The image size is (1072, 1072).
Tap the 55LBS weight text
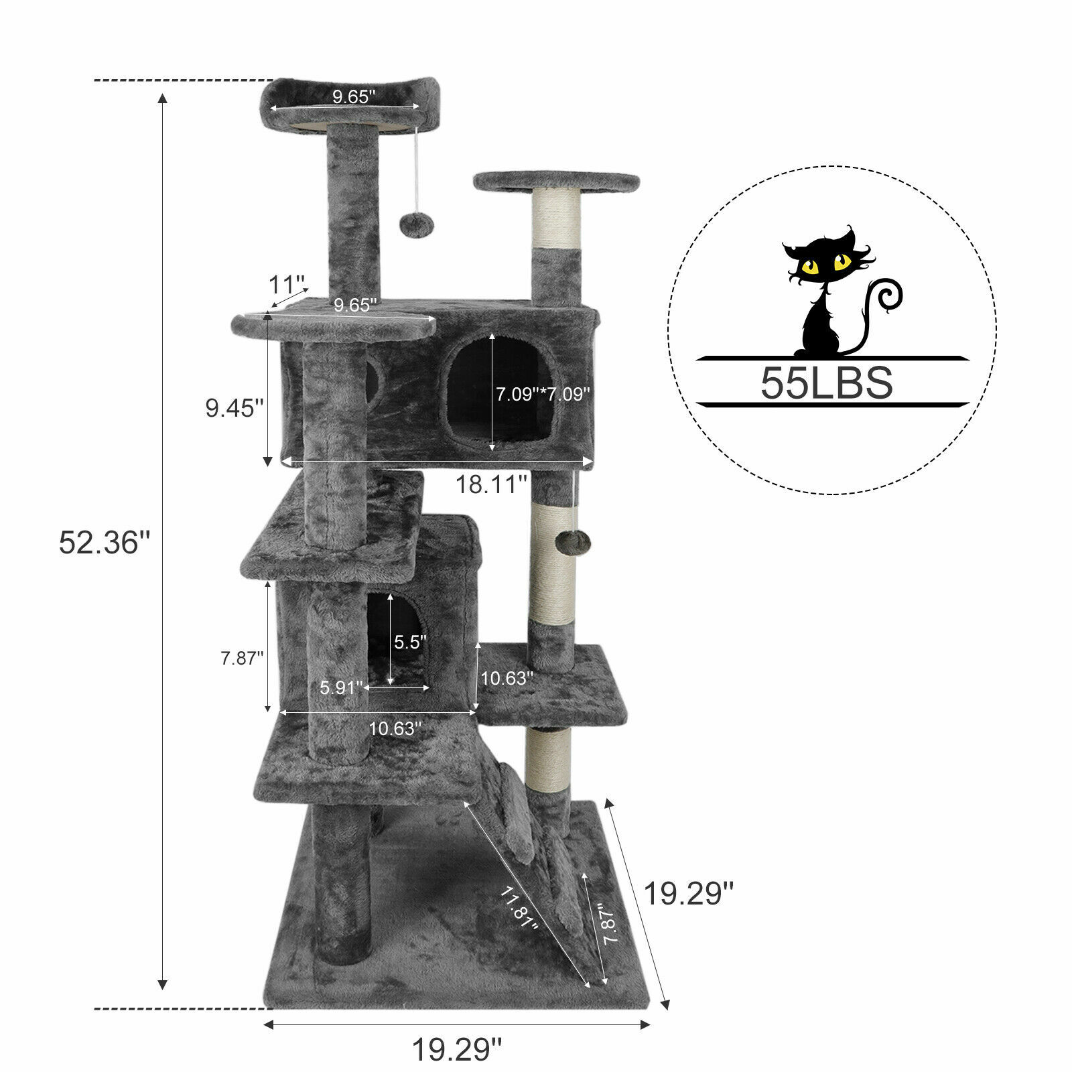826,383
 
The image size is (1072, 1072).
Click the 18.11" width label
492,484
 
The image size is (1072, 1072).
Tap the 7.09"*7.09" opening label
543,395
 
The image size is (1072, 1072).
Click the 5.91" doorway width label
342,687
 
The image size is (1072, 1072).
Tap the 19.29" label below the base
456,1049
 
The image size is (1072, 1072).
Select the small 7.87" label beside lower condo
240,658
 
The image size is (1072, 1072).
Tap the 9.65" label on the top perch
354,97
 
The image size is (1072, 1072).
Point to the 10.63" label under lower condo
395,728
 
